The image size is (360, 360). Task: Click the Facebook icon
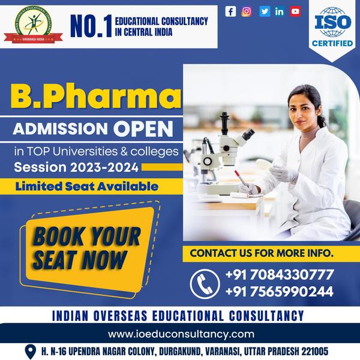(x=230, y=11)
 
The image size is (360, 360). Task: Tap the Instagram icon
(x=247, y=11)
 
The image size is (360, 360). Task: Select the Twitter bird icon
(x=264, y=11)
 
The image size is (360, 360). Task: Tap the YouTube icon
(x=295, y=11)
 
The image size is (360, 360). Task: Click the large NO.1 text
(x=88, y=26)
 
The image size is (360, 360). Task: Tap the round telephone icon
(x=204, y=283)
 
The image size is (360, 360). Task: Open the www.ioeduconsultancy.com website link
(x=180, y=334)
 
